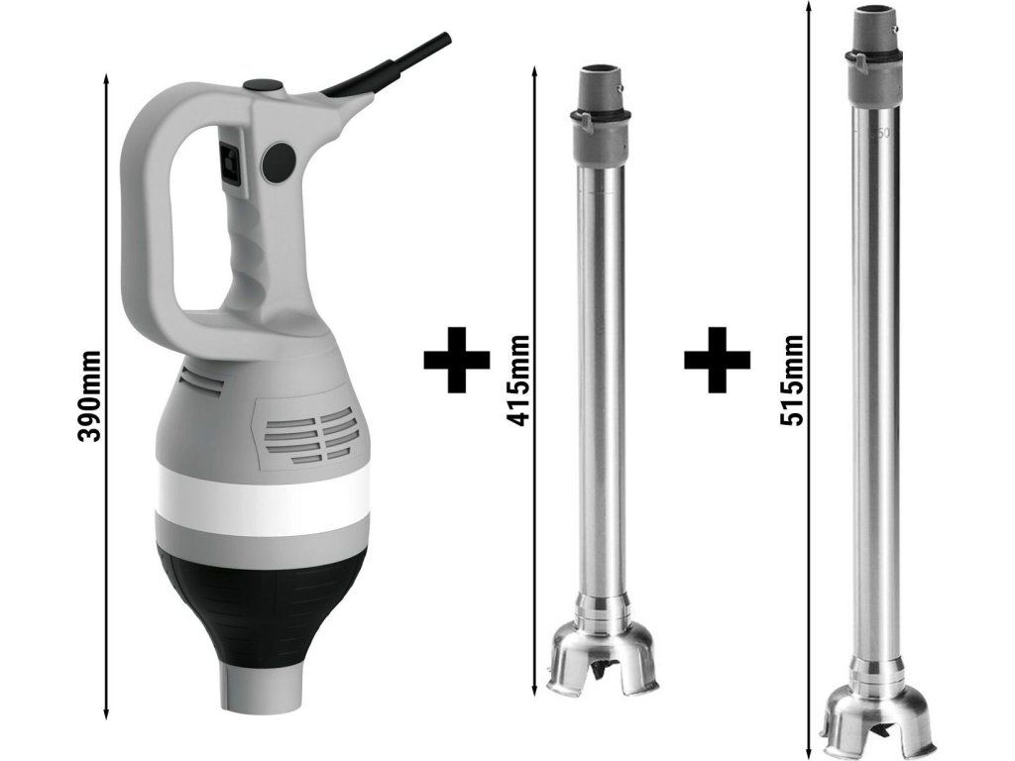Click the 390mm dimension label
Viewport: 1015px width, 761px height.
click(88, 396)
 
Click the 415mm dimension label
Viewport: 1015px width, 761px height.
click(519, 380)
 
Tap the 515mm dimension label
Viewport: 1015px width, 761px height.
click(791, 380)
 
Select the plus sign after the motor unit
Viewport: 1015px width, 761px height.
click(456, 359)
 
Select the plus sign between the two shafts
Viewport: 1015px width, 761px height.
click(717, 359)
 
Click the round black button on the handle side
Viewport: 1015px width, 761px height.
click(279, 162)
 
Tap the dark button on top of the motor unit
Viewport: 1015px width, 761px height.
click(263, 85)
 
